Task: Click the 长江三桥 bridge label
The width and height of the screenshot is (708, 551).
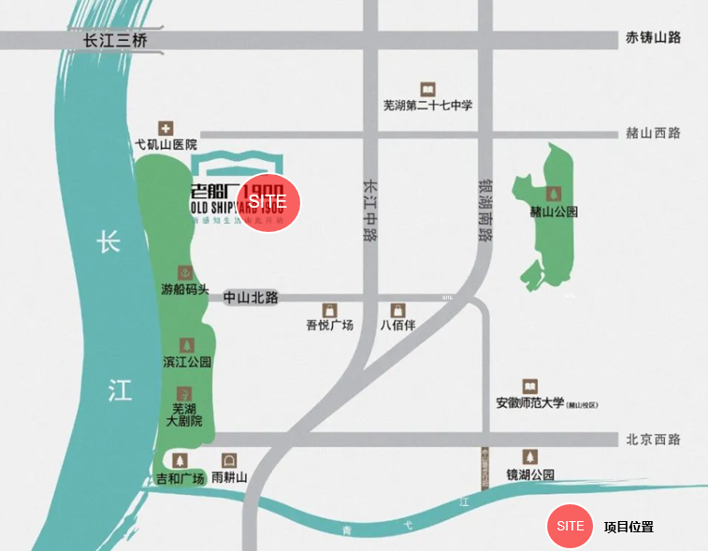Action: pyautogui.click(x=115, y=40)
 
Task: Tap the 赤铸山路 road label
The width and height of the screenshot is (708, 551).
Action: pyautogui.click(x=653, y=37)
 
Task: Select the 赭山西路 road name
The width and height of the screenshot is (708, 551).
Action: pyautogui.click(x=653, y=133)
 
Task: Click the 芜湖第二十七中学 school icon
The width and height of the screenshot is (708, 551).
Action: pyautogui.click(x=428, y=88)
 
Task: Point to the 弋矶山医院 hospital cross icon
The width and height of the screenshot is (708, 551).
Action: pyautogui.click(x=166, y=128)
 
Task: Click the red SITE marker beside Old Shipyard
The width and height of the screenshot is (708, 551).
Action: pyautogui.click(x=270, y=203)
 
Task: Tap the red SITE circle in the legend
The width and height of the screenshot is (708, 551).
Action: pyautogui.click(x=571, y=526)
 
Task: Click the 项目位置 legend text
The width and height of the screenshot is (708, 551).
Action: pyautogui.click(x=629, y=527)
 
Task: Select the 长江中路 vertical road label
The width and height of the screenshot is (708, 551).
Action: pyautogui.click(x=370, y=210)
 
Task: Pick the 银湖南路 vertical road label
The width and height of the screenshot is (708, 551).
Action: pyautogui.click(x=484, y=210)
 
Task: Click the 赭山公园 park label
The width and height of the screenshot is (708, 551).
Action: pyautogui.click(x=554, y=212)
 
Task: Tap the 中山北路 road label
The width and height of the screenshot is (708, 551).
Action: pyautogui.click(x=251, y=297)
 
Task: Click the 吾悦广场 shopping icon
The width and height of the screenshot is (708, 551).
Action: pyautogui.click(x=329, y=310)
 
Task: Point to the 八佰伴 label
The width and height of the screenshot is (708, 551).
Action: pyautogui.click(x=397, y=326)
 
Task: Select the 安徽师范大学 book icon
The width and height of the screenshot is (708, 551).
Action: pyautogui.click(x=530, y=386)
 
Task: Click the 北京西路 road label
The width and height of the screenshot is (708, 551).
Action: pyautogui.click(x=653, y=440)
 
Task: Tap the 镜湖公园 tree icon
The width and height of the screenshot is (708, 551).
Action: pyautogui.click(x=530, y=457)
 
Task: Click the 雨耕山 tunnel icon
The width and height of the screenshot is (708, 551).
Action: pyautogui.click(x=229, y=460)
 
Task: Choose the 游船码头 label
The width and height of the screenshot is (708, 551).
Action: pyautogui.click(x=185, y=290)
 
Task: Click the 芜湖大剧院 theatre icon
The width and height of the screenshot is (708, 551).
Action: pyautogui.click(x=185, y=393)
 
